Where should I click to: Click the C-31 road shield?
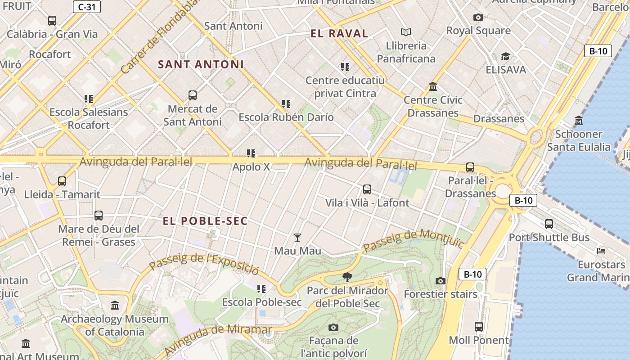pos(86,7)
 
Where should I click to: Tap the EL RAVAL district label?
pos(339,33)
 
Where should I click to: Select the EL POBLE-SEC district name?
pos(205,221)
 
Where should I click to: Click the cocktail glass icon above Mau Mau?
pos(297,237)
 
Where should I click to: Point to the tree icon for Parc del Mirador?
pos(347,277)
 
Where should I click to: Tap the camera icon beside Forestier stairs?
pos(441,281)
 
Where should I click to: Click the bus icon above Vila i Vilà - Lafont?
pos(367,189)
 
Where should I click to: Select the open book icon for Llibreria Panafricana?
pos(406,32)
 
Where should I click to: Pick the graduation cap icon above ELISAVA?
pos(505,56)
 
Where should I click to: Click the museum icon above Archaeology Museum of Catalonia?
pos(115,306)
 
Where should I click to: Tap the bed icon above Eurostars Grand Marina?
pos(601,251)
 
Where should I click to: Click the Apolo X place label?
pos(251,167)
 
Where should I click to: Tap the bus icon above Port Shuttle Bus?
pos(549,224)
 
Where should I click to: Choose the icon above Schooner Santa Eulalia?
pos(579,120)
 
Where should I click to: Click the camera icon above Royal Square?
pos(478,17)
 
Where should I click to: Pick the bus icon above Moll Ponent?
pos(479,326)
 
